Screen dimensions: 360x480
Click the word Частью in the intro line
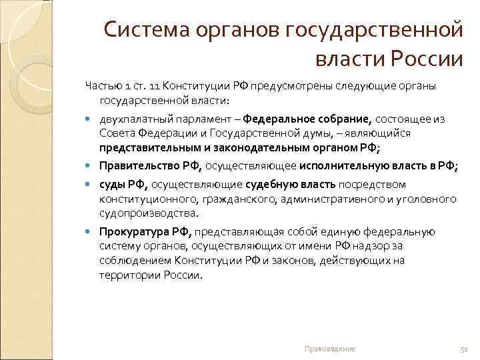point(102,86)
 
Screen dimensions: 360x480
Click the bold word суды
point(112,185)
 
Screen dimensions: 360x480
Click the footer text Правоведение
point(329,349)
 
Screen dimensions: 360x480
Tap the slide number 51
point(465,349)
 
